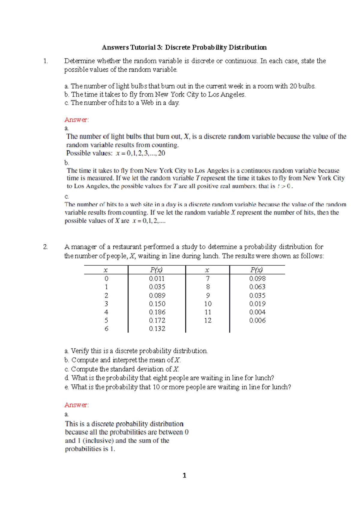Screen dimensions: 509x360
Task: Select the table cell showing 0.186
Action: [x=157, y=312]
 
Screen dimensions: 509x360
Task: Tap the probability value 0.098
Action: [x=257, y=278]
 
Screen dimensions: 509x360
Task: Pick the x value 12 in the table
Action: [x=208, y=320]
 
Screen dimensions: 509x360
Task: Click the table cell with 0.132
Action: [x=157, y=329]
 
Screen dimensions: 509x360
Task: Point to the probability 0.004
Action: [x=257, y=312]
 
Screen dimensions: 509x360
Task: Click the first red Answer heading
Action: [x=76, y=120]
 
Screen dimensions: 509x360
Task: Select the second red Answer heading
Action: [x=76, y=405]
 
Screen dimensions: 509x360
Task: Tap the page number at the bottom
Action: [x=184, y=475]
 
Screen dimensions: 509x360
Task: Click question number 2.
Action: [x=45, y=247]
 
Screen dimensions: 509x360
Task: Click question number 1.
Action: [x=45, y=61]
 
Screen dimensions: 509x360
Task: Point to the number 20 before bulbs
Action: [x=293, y=86]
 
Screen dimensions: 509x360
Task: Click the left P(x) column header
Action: [x=156, y=270]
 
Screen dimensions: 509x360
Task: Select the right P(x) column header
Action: [x=256, y=270]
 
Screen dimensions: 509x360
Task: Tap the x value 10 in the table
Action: [x=208, y=304]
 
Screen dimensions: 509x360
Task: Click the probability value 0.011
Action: [x=157, y=278]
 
